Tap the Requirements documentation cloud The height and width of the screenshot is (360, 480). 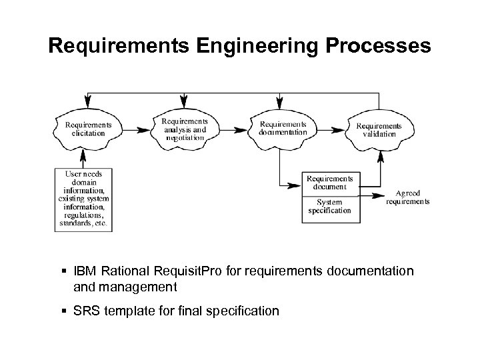[x=283, y=127]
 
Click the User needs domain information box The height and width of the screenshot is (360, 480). [x=84, y=198]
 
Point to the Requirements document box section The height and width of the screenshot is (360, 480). [x=330, y=182]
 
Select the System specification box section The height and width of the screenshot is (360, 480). [x=330, y=207]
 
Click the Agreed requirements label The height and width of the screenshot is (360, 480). [x=409, y=197]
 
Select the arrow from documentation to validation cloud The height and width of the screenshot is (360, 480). [x=331, y=127]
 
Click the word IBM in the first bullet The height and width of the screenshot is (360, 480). [x=84, y=272]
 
